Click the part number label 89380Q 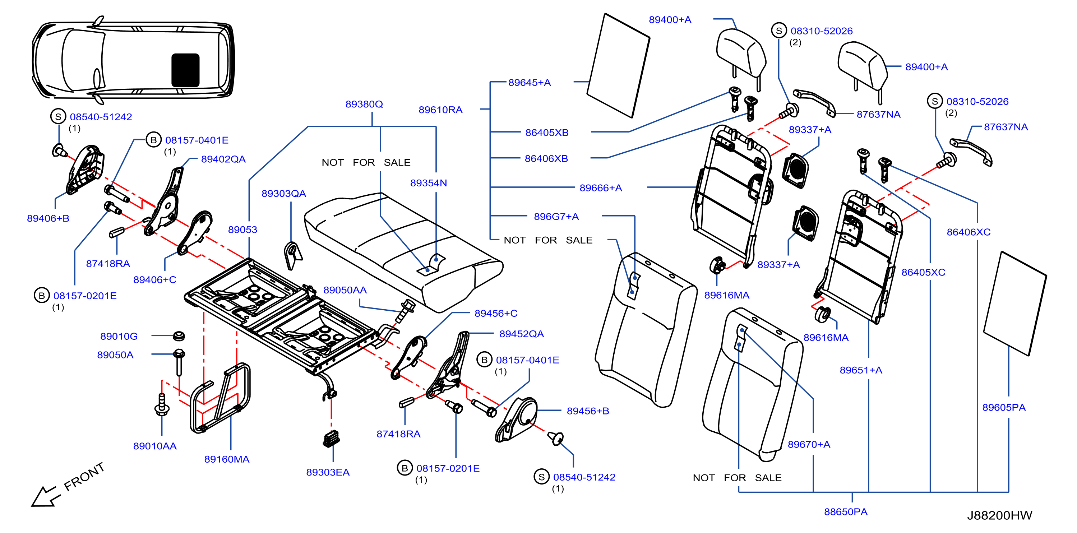tap(364, 104)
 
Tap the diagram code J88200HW tap(999, 515)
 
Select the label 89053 tap(242, 230)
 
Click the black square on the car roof tap(185, 70)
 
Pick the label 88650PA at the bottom tap(845, 512)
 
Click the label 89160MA tap(227, 459)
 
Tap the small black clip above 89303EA tap(331, 439)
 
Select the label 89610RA tap(440, 110)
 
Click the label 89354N tap(428, 183)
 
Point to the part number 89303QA tap(283, 194)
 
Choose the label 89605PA tap(1003, 408)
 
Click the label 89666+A tap(600, 188)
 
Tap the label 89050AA tap(345, 290)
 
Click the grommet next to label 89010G tap(179, 336)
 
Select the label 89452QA tap(521, 334)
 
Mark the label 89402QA tap(223, 159)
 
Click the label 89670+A tap(809, 444)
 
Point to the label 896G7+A tap(556, 217)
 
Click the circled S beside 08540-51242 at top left tap(58, 117)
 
